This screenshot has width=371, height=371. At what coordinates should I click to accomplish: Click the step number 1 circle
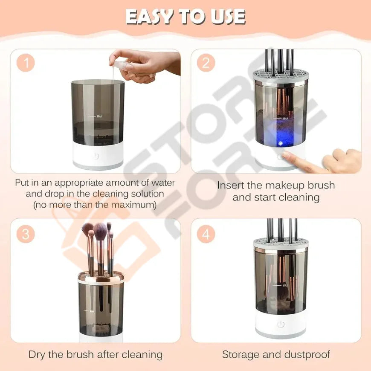click(26, 63)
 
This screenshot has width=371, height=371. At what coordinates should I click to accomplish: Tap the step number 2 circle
click(206, 63)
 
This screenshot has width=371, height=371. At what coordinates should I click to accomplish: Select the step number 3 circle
click(26, 234)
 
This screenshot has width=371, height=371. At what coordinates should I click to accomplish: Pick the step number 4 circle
click(206, 234)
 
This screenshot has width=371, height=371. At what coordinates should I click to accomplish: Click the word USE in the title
click(228, 17)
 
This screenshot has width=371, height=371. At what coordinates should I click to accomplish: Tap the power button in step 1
click(95, 156)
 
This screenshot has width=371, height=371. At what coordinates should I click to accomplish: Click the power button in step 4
click(281, 324)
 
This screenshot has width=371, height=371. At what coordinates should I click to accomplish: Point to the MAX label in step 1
click(99, 116)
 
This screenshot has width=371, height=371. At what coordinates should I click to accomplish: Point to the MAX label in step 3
click(92, 311)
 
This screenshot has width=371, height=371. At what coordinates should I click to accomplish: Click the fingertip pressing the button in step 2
click(287, 155)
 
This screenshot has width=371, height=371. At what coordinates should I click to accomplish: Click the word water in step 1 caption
click(163, 183)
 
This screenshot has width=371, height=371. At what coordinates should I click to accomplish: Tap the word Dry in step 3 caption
click(37, 355)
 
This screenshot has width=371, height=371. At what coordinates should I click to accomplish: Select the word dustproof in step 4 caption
click(307, 355)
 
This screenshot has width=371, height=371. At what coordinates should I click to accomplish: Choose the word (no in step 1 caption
click(41, 205)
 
